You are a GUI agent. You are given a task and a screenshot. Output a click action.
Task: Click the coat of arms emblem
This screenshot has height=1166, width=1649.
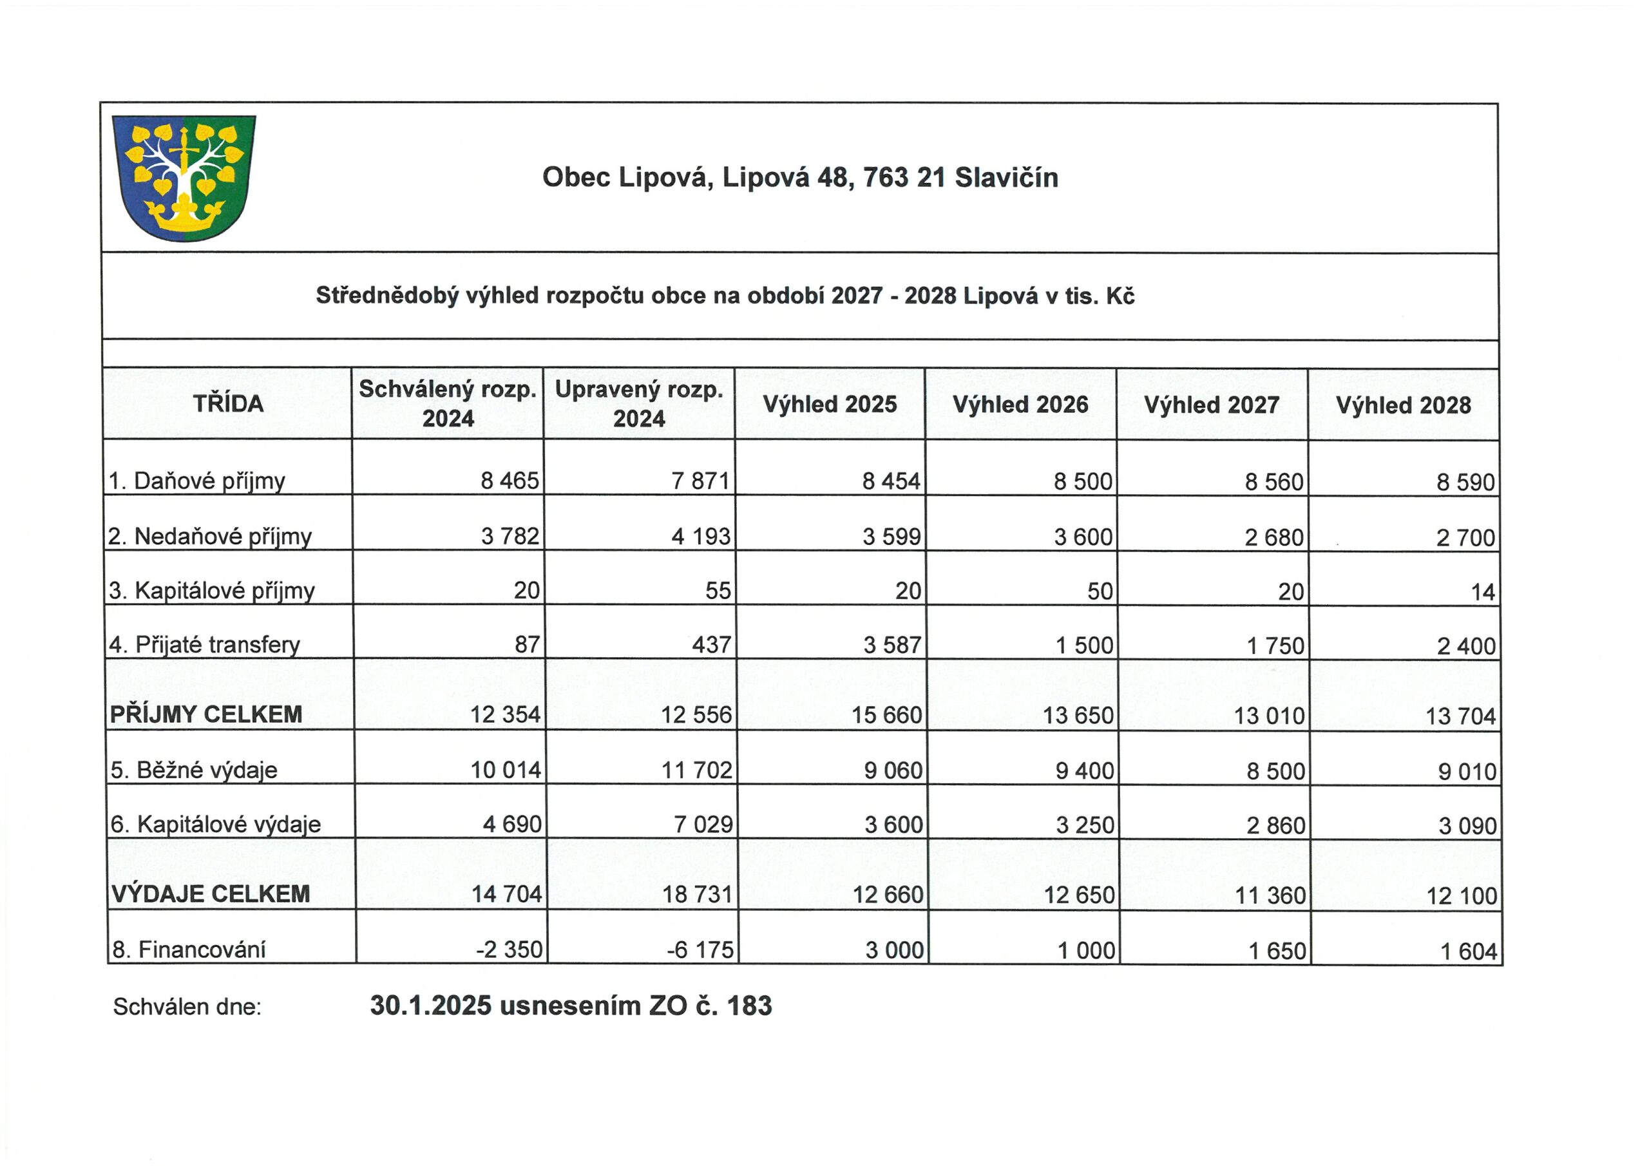tap(184, 177)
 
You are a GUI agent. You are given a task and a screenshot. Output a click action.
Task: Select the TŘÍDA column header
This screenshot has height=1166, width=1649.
tap(227, 404)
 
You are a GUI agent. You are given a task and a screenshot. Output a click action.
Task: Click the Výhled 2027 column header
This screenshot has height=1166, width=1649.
tap(1212, 405)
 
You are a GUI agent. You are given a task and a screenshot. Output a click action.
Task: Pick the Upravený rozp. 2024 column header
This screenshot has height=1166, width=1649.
tap(638, 404)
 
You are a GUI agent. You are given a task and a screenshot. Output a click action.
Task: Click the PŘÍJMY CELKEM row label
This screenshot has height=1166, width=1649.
tap(206, 714)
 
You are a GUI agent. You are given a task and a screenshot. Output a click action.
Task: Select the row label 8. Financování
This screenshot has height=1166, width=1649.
tap(189, 950)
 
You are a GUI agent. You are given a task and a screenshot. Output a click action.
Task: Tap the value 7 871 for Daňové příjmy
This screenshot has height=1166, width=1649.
tap(700, 481)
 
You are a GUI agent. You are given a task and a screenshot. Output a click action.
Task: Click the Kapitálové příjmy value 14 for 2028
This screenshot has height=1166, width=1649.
tap(1482, 592)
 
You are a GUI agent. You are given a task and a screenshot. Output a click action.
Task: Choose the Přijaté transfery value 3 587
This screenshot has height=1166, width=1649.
tap(892, 645)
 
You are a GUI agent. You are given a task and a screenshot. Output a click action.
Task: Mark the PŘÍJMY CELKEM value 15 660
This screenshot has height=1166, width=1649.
tap(886, 715)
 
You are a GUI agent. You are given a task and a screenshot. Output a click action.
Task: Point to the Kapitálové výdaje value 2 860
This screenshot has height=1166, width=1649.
tap(1275, 825)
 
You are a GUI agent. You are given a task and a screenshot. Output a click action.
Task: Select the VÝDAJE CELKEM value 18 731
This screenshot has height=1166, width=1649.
tap(697, 894)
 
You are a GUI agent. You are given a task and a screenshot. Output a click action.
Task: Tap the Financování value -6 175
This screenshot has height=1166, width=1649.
tap(700, 950)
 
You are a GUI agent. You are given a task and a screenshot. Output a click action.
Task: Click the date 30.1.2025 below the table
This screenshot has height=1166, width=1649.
tap(431, 1006)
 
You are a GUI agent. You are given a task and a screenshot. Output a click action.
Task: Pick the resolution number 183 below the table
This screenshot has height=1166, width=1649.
tap(749, 1006)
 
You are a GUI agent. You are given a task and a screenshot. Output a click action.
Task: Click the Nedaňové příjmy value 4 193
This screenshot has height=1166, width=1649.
tap(700, 537)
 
